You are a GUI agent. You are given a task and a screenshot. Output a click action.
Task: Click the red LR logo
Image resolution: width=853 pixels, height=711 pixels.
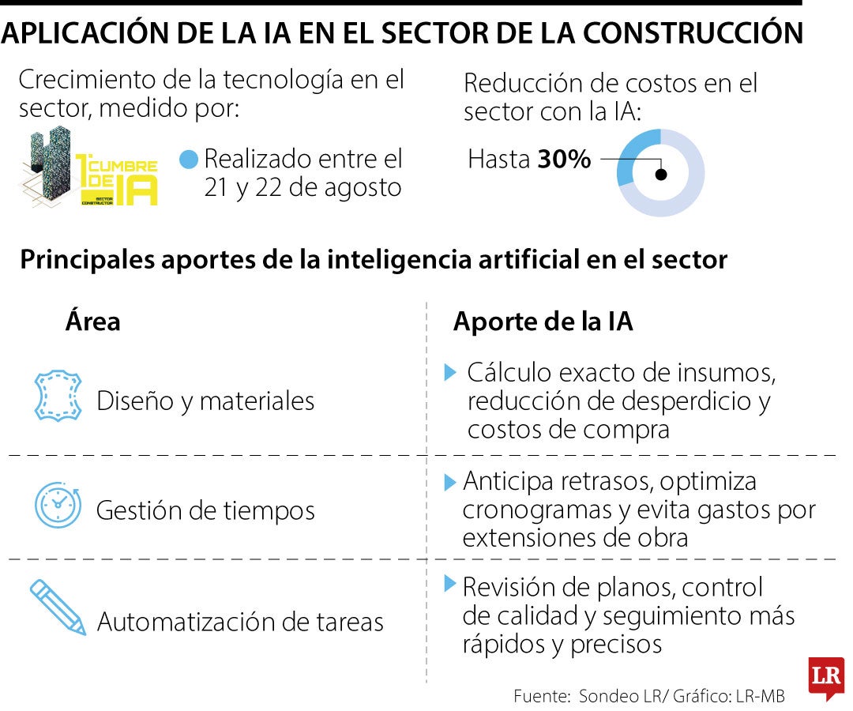tap(825, 676)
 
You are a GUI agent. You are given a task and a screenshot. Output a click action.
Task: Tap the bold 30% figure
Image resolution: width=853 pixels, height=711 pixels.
tap(564, 160)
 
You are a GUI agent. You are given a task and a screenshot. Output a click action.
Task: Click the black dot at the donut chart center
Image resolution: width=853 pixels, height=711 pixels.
tap(661, 175)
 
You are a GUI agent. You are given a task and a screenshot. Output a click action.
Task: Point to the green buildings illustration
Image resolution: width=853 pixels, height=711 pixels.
tap(47, 167)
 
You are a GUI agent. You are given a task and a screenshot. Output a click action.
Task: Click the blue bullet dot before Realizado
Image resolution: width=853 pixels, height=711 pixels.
tap(189, 160)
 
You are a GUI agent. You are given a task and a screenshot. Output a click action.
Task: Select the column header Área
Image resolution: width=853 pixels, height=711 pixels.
tap(92, 322)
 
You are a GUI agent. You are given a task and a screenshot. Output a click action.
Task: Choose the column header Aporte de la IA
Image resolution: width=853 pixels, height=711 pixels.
tap(543, 322)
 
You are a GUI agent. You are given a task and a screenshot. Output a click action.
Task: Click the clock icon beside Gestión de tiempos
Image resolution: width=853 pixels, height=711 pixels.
tap(57, 506)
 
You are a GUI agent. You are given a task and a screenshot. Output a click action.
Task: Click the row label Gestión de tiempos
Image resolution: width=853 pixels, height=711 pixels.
tap(205, 510)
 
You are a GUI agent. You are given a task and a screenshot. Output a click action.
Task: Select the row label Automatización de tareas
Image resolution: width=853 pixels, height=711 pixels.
tap(240, 622)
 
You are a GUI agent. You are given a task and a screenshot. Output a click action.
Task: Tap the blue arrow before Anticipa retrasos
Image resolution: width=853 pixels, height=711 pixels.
tap(450, 481)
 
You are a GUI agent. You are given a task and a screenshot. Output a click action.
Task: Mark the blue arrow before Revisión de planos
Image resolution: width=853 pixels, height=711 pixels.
tap(450, 585)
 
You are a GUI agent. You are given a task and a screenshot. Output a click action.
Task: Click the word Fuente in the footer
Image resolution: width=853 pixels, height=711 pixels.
tap(540, 696)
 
